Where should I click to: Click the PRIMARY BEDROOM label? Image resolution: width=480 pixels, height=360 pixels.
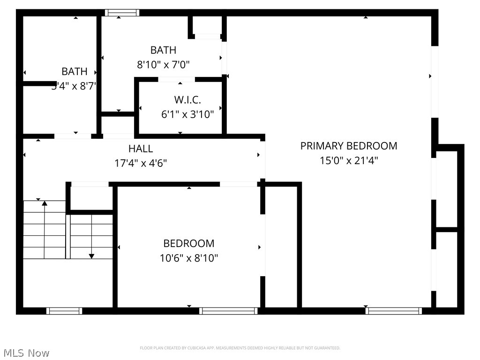point(349,146)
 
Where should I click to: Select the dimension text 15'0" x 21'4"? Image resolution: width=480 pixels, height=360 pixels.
point(349,160)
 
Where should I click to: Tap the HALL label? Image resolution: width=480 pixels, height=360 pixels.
point(141,149)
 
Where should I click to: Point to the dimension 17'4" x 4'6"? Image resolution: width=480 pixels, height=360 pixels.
point(141,163)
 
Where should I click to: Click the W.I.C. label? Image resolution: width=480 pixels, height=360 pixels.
point(187,100)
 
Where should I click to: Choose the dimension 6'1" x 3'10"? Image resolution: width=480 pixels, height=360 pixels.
point(187,114)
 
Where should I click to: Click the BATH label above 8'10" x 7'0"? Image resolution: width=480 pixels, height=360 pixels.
point(163,50)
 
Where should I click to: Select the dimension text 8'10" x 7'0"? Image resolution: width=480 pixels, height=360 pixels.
point(163,65)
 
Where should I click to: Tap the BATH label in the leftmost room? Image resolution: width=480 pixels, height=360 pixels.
point(75,72)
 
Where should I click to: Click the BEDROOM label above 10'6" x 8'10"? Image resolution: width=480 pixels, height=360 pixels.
point(188,243)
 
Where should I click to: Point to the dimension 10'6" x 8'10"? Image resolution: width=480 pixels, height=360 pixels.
point(188,258)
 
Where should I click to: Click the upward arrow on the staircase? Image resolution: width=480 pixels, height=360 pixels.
point(45,203)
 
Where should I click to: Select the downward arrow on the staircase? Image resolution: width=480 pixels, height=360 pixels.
point(91,255)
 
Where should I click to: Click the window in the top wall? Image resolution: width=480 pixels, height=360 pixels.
point(122,13)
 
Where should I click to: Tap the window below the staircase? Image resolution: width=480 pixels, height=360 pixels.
point(64,311)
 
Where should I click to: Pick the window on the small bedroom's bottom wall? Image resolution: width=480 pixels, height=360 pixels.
point(228,311)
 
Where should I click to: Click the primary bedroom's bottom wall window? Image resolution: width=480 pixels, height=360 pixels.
point(394,311)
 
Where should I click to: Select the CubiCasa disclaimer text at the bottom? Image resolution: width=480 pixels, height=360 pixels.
point(240,348)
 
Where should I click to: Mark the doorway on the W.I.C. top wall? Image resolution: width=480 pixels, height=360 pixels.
point(176,79)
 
